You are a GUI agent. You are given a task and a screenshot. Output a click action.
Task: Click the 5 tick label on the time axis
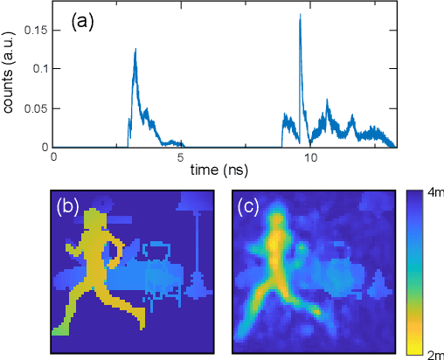point(180,158)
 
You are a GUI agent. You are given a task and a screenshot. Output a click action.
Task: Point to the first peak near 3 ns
point(135,51)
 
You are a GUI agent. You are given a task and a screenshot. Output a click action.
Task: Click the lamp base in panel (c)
point(379,284)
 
